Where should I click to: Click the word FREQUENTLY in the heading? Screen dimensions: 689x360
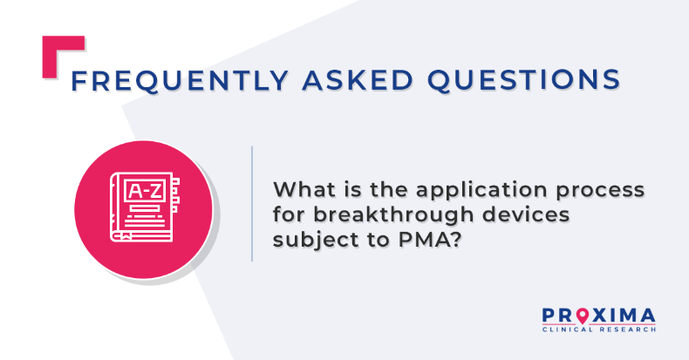click(180, 80)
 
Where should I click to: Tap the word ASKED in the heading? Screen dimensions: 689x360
click(358, 80)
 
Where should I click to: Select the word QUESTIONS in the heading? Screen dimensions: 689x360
click(524, 80)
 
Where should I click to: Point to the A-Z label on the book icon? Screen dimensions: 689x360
click(145, 191)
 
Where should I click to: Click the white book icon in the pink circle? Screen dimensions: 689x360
click(145, 207)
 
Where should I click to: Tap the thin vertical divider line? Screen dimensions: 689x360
click(252, 204)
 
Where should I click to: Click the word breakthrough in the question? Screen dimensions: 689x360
click(393, 215)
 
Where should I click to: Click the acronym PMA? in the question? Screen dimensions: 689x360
click(430, 239)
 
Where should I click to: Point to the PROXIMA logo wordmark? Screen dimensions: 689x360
click(598, 316)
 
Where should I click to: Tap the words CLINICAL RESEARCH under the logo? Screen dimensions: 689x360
click(599, 329)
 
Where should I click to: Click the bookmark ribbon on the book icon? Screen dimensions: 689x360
click(126, 236)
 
